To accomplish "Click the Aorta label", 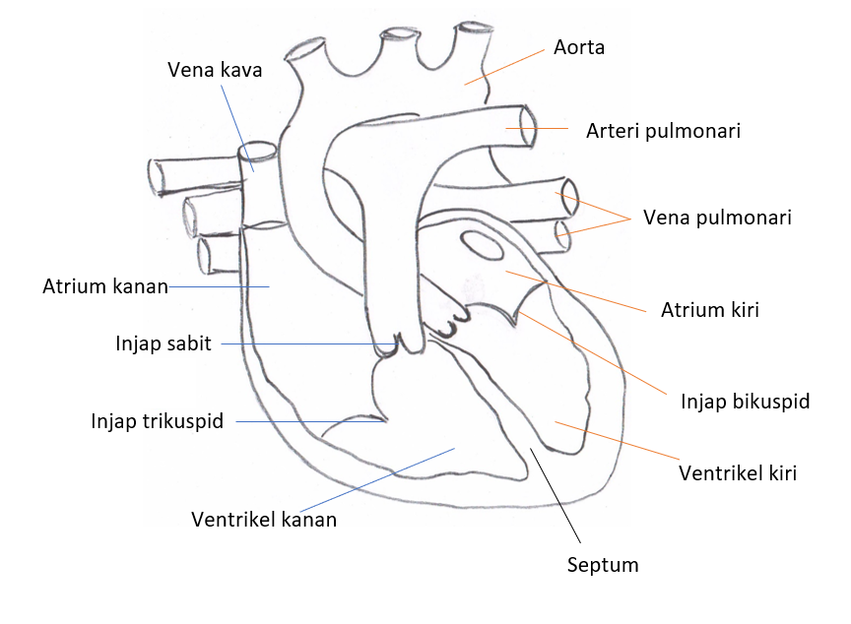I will coord(578,47).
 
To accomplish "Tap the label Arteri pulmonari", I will coord(663,131).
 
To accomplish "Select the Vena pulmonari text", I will coord(717,218).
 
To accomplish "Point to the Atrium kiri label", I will coord(709,310).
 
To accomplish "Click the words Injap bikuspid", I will coord(745,402).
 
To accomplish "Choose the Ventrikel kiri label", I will coord(738,473).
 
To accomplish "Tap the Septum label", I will coord(603,565).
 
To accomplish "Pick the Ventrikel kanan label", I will coord(264,520).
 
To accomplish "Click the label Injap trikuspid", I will coord(158,421).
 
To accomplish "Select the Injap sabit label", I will coord(164,344).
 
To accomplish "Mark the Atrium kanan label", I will coord(105,287).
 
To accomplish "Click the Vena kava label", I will coord(215,70).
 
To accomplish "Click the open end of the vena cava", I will coord(258,153).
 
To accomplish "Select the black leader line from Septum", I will coord(557,498).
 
